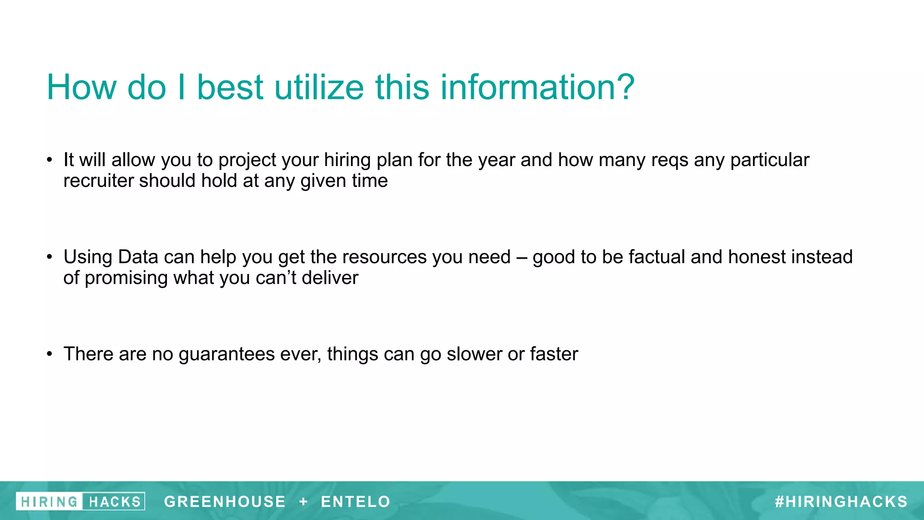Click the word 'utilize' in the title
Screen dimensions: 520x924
click(x=319, y=87)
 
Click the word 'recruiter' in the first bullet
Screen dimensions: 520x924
click(x=98, y=181)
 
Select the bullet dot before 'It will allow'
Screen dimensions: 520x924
click(x=50, y=160)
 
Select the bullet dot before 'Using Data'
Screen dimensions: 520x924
click(x=50, y=257)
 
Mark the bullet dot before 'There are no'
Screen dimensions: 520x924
click(x=50, y=354)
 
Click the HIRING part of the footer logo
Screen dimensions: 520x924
click(x=49, y=501)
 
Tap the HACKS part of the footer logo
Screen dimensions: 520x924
click(x=114, y=501)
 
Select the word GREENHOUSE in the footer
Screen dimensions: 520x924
click(x=225, y=501)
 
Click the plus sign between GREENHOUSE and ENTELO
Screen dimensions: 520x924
click(x=303, y=501)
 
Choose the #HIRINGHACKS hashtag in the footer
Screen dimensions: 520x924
click(x=841, y=501)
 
